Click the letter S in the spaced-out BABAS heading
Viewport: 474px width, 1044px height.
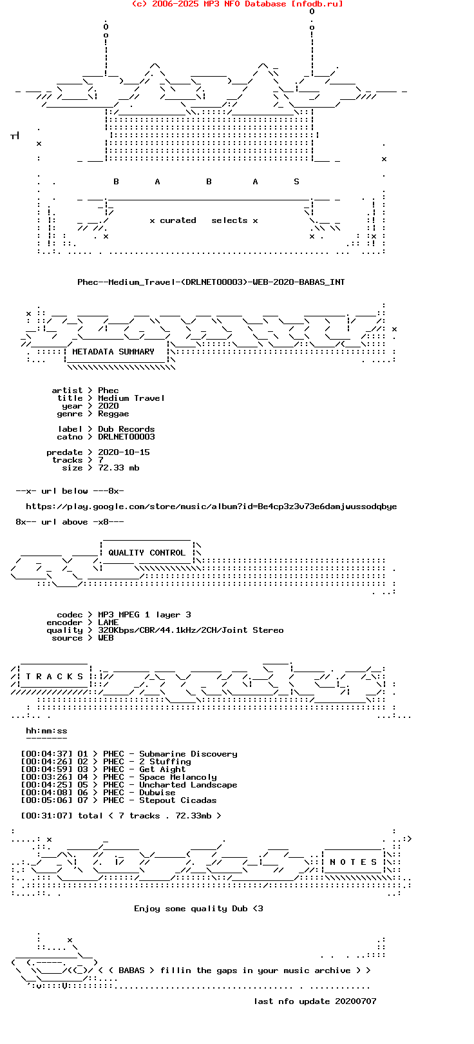[x=296, y=181]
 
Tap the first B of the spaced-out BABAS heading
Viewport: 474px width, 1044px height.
[x=117, y=181]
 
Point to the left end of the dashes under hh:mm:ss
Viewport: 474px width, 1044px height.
[x=26, y=739]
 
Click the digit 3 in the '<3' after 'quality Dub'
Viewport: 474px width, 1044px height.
[x=260, y=909]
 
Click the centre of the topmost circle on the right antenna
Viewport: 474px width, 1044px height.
[x=312, y=11]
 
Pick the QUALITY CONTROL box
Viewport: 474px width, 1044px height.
[x=147, y=553]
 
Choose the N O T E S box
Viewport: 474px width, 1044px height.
[x=354, y=862]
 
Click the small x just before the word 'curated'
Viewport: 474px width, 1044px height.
[x=152, y=221]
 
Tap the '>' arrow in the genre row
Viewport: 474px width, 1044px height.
[x=90, y=413]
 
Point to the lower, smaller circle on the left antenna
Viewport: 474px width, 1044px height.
[x=106, y=35]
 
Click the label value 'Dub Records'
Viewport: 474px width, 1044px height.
[x=126, y=429]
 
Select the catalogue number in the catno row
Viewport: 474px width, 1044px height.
[x=126, y=437]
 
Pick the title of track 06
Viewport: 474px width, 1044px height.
[x=157, y=792]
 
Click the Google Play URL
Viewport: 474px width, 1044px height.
[x=211, y=507]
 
